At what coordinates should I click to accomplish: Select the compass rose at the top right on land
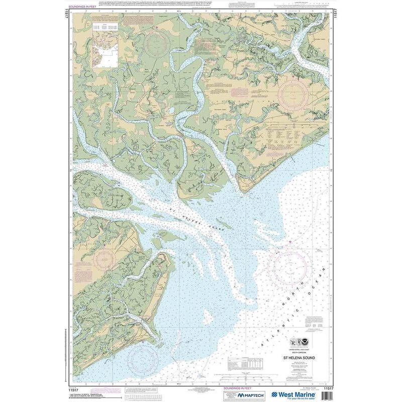tap(296, 95)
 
